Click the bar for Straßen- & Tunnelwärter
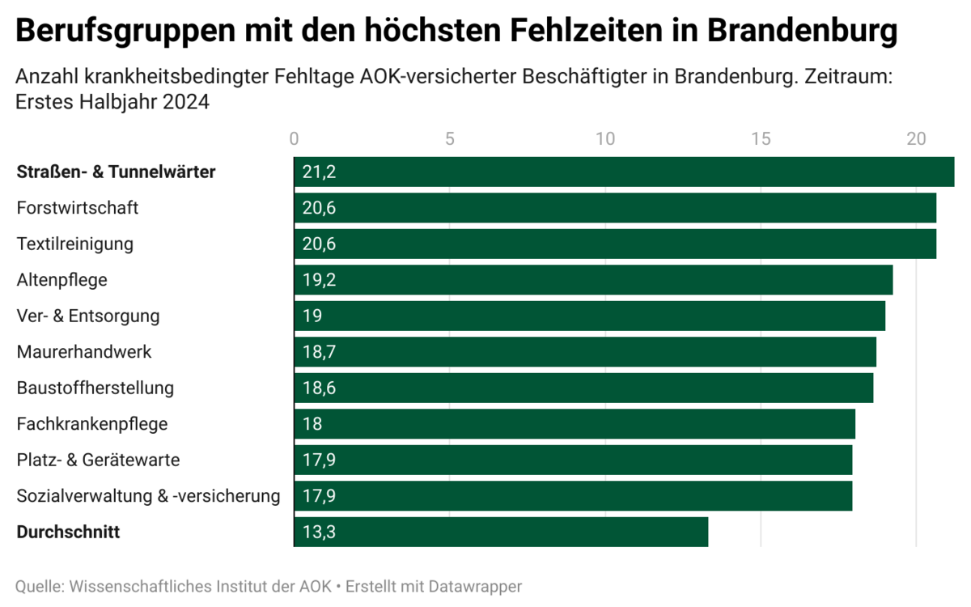point(623,172)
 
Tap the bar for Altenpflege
point(592,280)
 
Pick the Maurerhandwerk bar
point(584,352)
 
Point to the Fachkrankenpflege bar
point(574,424)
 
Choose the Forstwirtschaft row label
point(78,208)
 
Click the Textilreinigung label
point(75,244)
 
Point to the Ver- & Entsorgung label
point(88,316)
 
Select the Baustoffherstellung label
point(95,388)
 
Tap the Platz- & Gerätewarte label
point(98,460)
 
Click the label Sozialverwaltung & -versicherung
point(148,495)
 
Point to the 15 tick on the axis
point(761,138)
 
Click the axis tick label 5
point(450,138)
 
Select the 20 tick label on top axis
point(916,138)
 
